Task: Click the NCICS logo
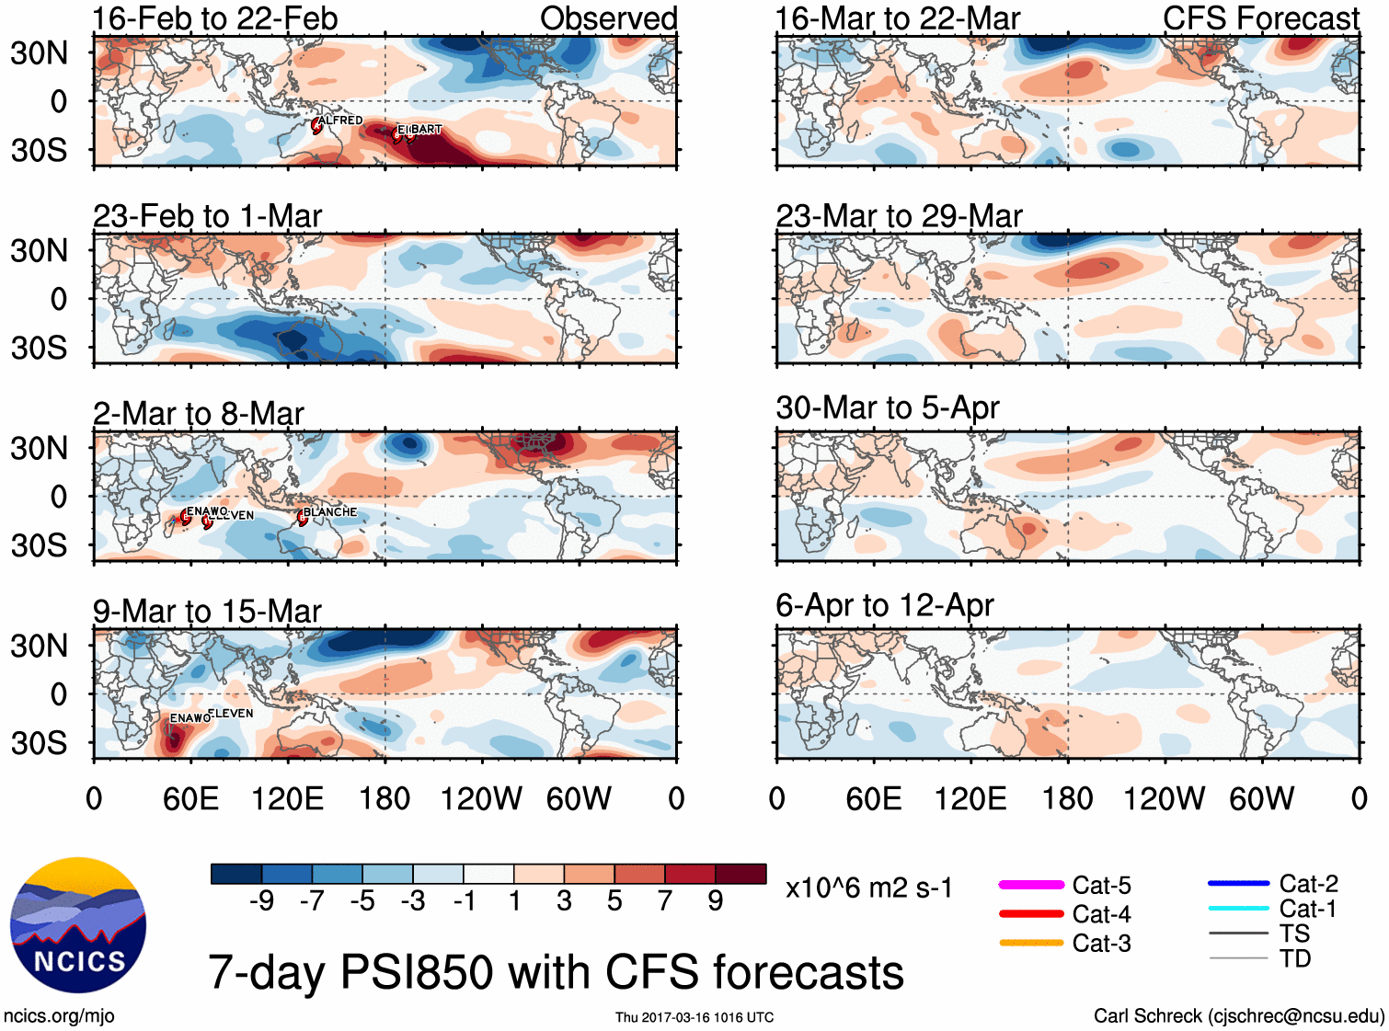pos(78,925)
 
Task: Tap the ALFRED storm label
pos(340,120)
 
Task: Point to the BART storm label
pos(426,130)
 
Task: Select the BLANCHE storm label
pos(329,512)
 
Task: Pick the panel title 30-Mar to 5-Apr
pos(887,407)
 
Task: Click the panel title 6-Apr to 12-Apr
pos(884,605)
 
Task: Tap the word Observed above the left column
pos(608,18)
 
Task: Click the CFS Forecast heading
pos(1260,18)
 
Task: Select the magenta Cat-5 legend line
pos(1031,885)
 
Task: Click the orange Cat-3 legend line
pos(1031,943)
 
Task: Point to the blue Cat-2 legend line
pos(1238,883)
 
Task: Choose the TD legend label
pos(1294,958)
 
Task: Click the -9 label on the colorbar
pos(261,900)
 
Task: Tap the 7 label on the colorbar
pos(665,900)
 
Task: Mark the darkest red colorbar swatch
pos(740,874)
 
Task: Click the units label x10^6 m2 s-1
pos(868,888)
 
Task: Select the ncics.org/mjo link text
pos(59,1016)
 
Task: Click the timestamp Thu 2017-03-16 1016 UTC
pos(694,1017)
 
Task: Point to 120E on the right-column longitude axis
pos(970,798)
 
